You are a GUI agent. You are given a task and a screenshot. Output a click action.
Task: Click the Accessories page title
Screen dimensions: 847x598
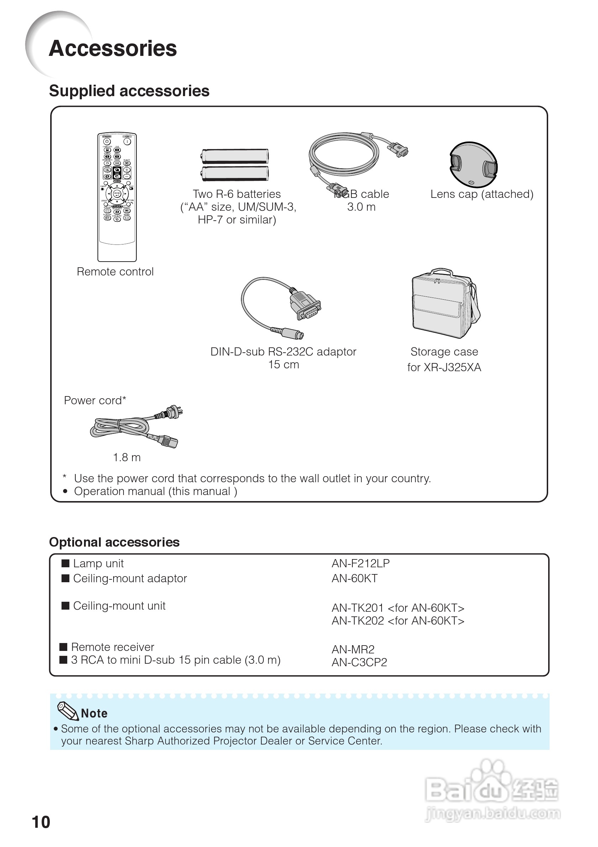(x=112, y=49)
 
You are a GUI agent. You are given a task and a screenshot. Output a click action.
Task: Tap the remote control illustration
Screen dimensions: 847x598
(x=117, y=198)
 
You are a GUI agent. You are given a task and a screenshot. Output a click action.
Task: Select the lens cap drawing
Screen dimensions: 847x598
(x=473, y=164)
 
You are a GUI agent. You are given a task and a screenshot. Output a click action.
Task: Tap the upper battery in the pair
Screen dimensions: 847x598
(x=235, y=156)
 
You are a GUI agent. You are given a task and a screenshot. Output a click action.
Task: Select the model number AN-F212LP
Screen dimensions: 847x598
(x=361, y=563)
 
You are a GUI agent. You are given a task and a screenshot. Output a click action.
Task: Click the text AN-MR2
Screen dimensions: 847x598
(x=353, y=649)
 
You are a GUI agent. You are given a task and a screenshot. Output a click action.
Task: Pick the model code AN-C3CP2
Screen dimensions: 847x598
(x=359, y=662)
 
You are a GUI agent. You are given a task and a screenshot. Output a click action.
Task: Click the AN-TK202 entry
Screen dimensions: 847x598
(x=398, y=621)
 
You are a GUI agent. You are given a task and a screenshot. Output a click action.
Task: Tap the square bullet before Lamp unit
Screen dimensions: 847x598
(x=65, y=563)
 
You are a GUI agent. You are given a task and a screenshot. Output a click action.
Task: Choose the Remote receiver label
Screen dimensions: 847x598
(x=112, y=647)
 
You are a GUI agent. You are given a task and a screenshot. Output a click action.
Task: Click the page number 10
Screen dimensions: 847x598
(x=41, y=822)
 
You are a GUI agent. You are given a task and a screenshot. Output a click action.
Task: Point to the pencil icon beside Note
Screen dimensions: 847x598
(x=68, y=710)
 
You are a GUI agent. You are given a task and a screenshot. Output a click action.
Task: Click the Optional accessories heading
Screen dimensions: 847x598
(x=114, y=542)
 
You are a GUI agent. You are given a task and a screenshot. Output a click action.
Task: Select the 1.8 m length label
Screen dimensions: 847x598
(x=126, y=457)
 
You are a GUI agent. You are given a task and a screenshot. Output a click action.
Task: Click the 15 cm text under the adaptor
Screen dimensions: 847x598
(x=283, y=364)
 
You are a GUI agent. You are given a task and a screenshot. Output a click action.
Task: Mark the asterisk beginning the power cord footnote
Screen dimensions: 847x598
(x=64, y=477)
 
